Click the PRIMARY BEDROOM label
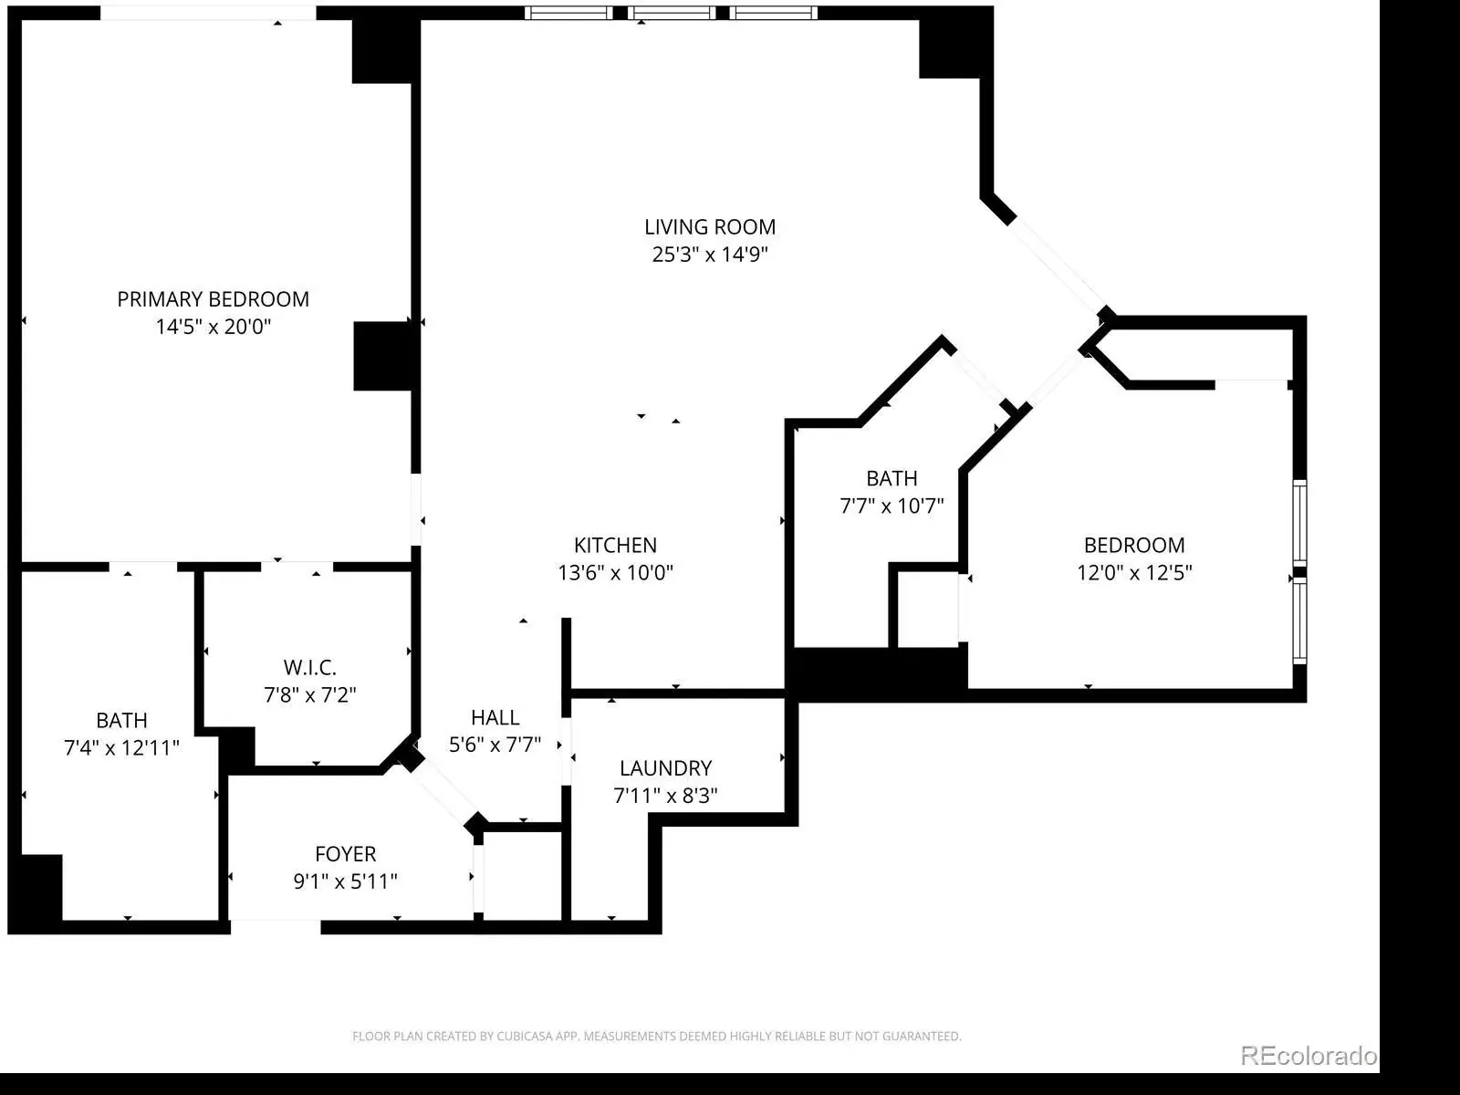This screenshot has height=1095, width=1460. (x=213, y=299)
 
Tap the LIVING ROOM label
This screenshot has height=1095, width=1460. (x=710, y=227)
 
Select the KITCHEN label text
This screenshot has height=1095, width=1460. (x=615, y=545)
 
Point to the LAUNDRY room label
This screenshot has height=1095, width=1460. (x=666, y=768)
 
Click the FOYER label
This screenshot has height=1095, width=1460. (x=345, y=854)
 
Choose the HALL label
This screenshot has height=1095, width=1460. (x=495, y=717)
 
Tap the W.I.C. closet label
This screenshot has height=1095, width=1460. (x=310, y=667)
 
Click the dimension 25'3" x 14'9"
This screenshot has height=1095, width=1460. (x=710, y=255)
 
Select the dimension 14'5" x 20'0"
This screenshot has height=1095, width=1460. (x=213, y=327)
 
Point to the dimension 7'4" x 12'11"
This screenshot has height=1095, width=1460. (x=121, y=748)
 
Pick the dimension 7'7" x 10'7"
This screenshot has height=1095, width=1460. (x=892, y=506)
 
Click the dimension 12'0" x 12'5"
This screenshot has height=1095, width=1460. (x=1134, y=572)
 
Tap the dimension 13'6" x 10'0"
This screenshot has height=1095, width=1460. (x=615, y=572)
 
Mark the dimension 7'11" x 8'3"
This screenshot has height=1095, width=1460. (x=666, y=795)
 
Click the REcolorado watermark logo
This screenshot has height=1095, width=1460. (x=1309, y=1055)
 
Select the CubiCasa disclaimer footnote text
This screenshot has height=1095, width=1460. (x=656, y=1036)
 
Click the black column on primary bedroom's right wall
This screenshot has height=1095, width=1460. (x=384, y=357)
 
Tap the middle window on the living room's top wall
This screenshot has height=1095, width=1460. (x=671, y=13)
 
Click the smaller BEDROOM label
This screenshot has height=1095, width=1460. (x=1134, y=545)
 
